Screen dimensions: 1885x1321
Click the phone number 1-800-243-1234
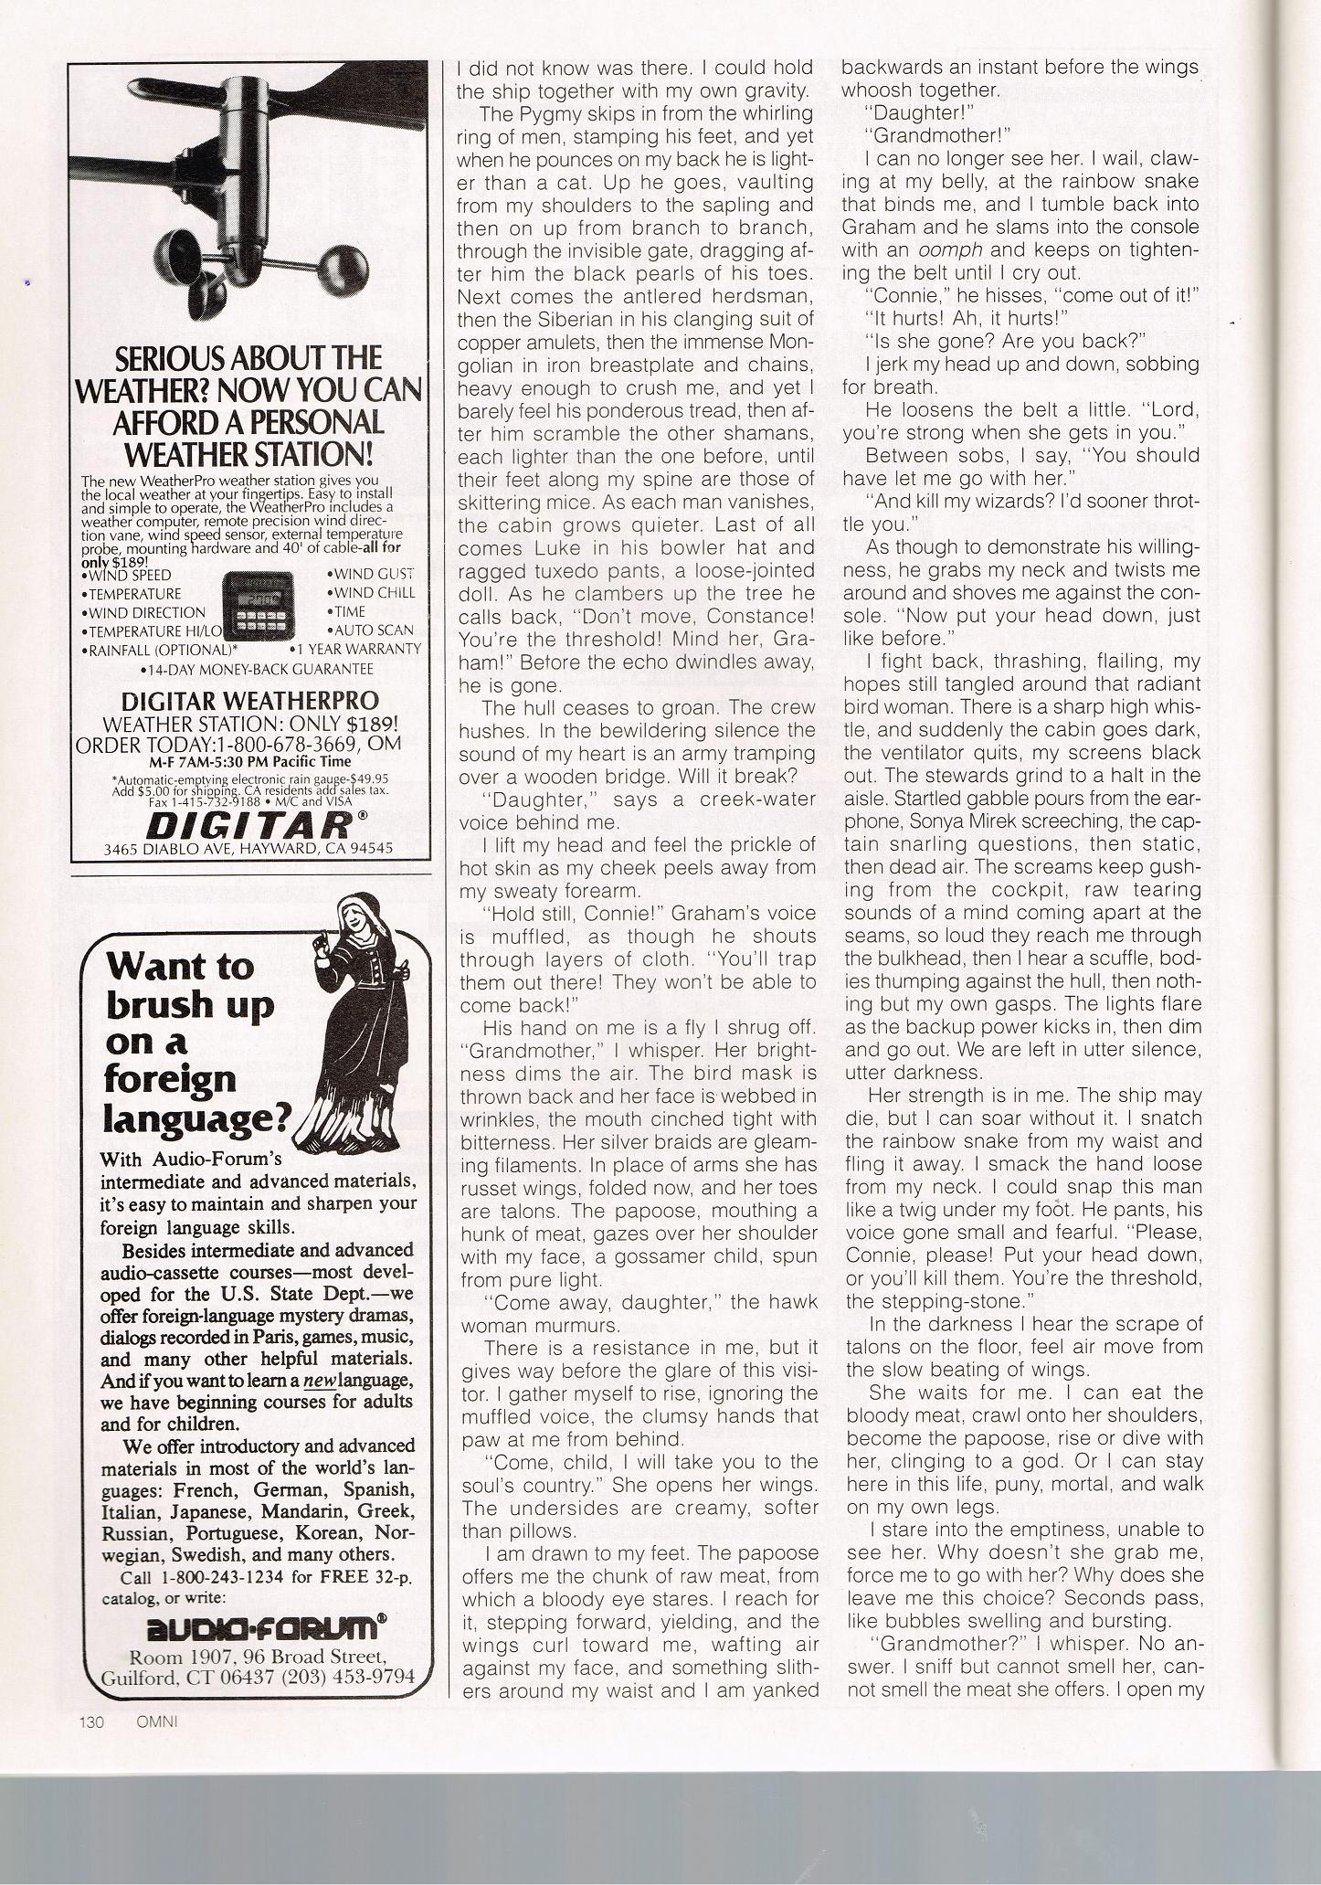click(225, 1575)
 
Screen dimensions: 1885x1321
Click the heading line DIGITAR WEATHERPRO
click(250, 701)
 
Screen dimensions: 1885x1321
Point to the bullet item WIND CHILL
click(372, 592)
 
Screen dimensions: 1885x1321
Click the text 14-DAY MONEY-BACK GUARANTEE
click(258, 670)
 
